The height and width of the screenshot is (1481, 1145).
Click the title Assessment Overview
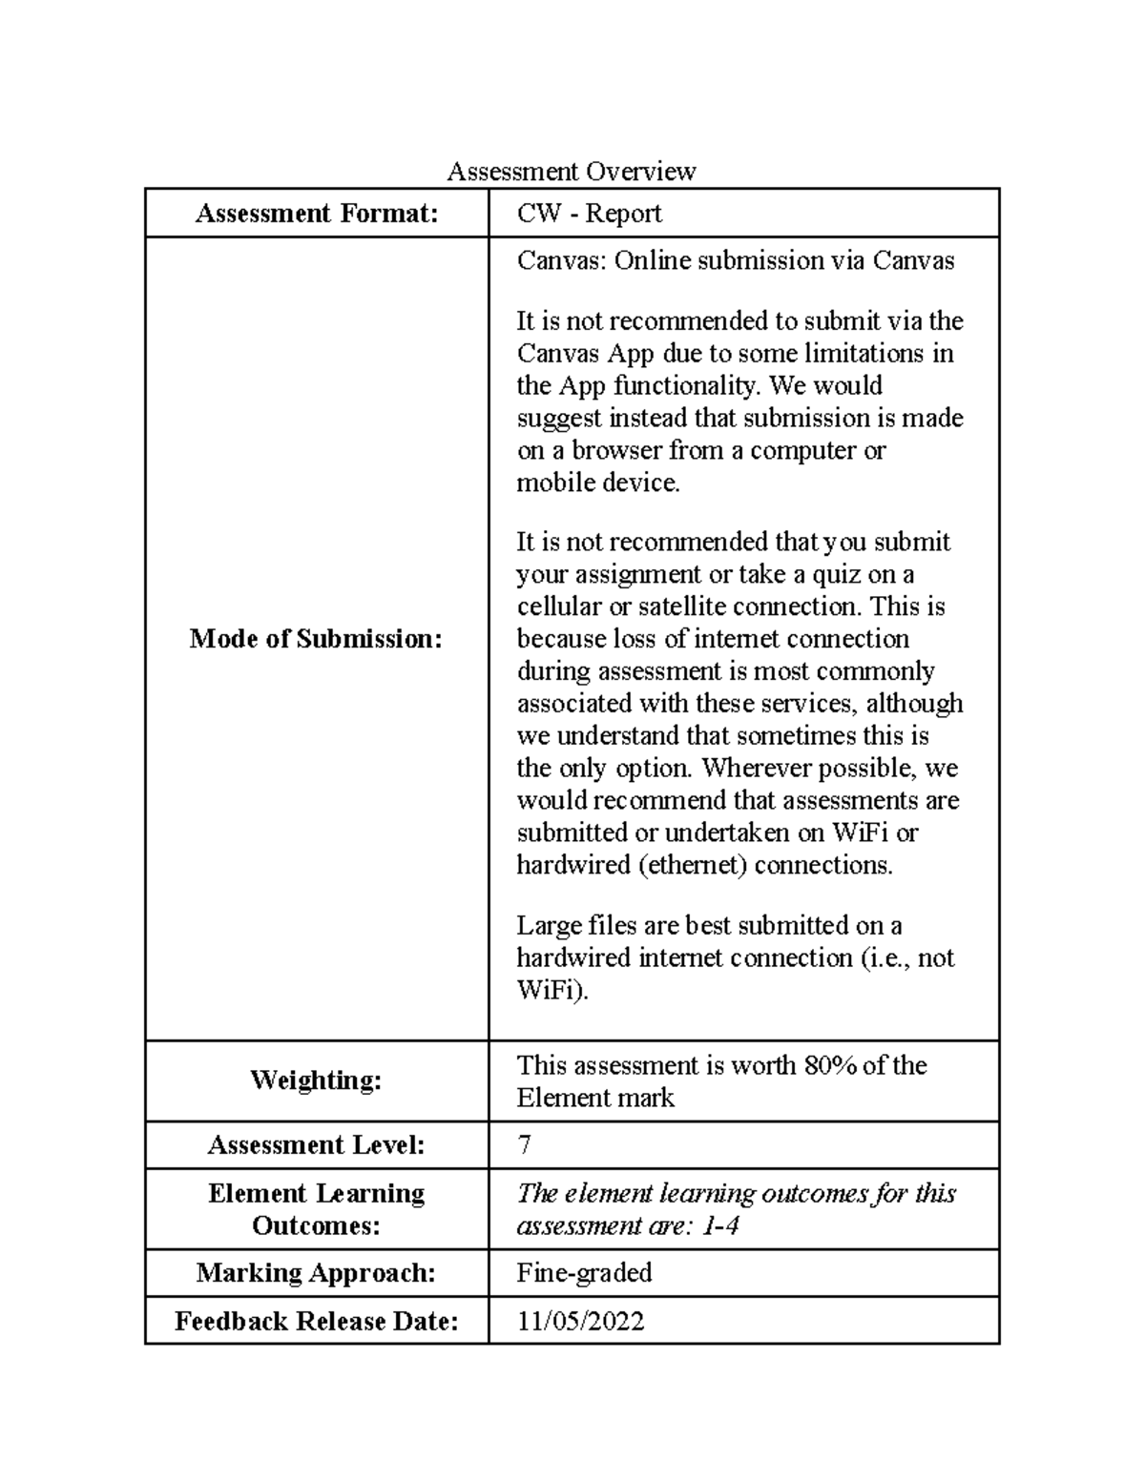[x=572, y=172]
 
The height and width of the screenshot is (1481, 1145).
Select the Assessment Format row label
[x=317, y=214]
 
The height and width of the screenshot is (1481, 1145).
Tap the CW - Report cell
[x=589, y=214]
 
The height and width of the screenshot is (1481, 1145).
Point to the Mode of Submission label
[x=316, y=639]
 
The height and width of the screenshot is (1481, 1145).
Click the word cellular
[x=559, y=607]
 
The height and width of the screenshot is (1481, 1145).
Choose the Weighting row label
[x=316, y=1080]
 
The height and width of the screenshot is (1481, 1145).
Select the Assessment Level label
[x=316, y=1145]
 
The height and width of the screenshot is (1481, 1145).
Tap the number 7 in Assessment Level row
[x=524, y=1145]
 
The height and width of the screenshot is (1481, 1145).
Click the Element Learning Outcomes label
[x=316, y=1209]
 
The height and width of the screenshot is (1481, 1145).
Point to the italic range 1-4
[x=719, y=1225]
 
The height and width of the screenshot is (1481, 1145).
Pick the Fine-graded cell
[x=584, y=1273]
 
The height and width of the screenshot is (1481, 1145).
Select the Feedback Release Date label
[x=316, y=1322]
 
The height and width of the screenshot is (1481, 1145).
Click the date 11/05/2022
[x=580, y=1322]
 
